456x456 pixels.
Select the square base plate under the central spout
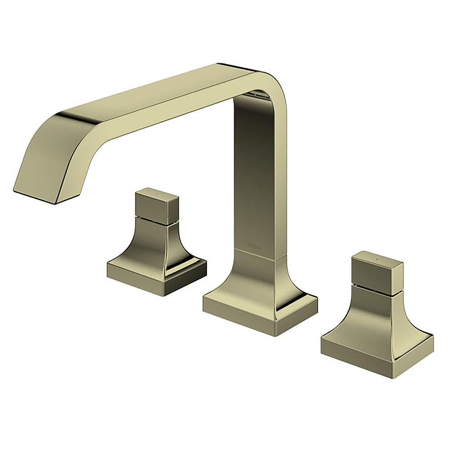click(259, 311)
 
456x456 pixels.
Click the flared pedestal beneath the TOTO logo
click(259, 279)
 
